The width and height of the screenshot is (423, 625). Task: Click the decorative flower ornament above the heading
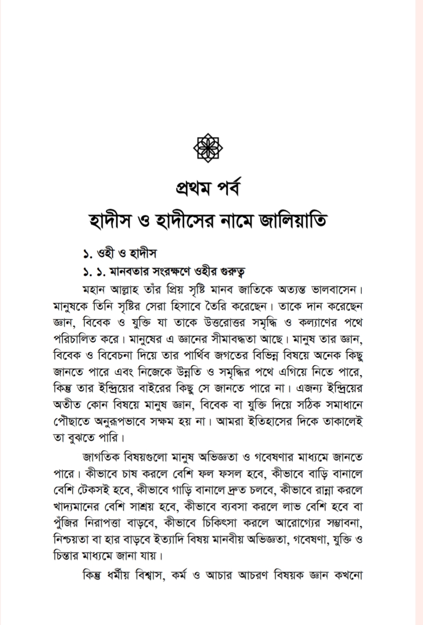click(208, 147)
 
